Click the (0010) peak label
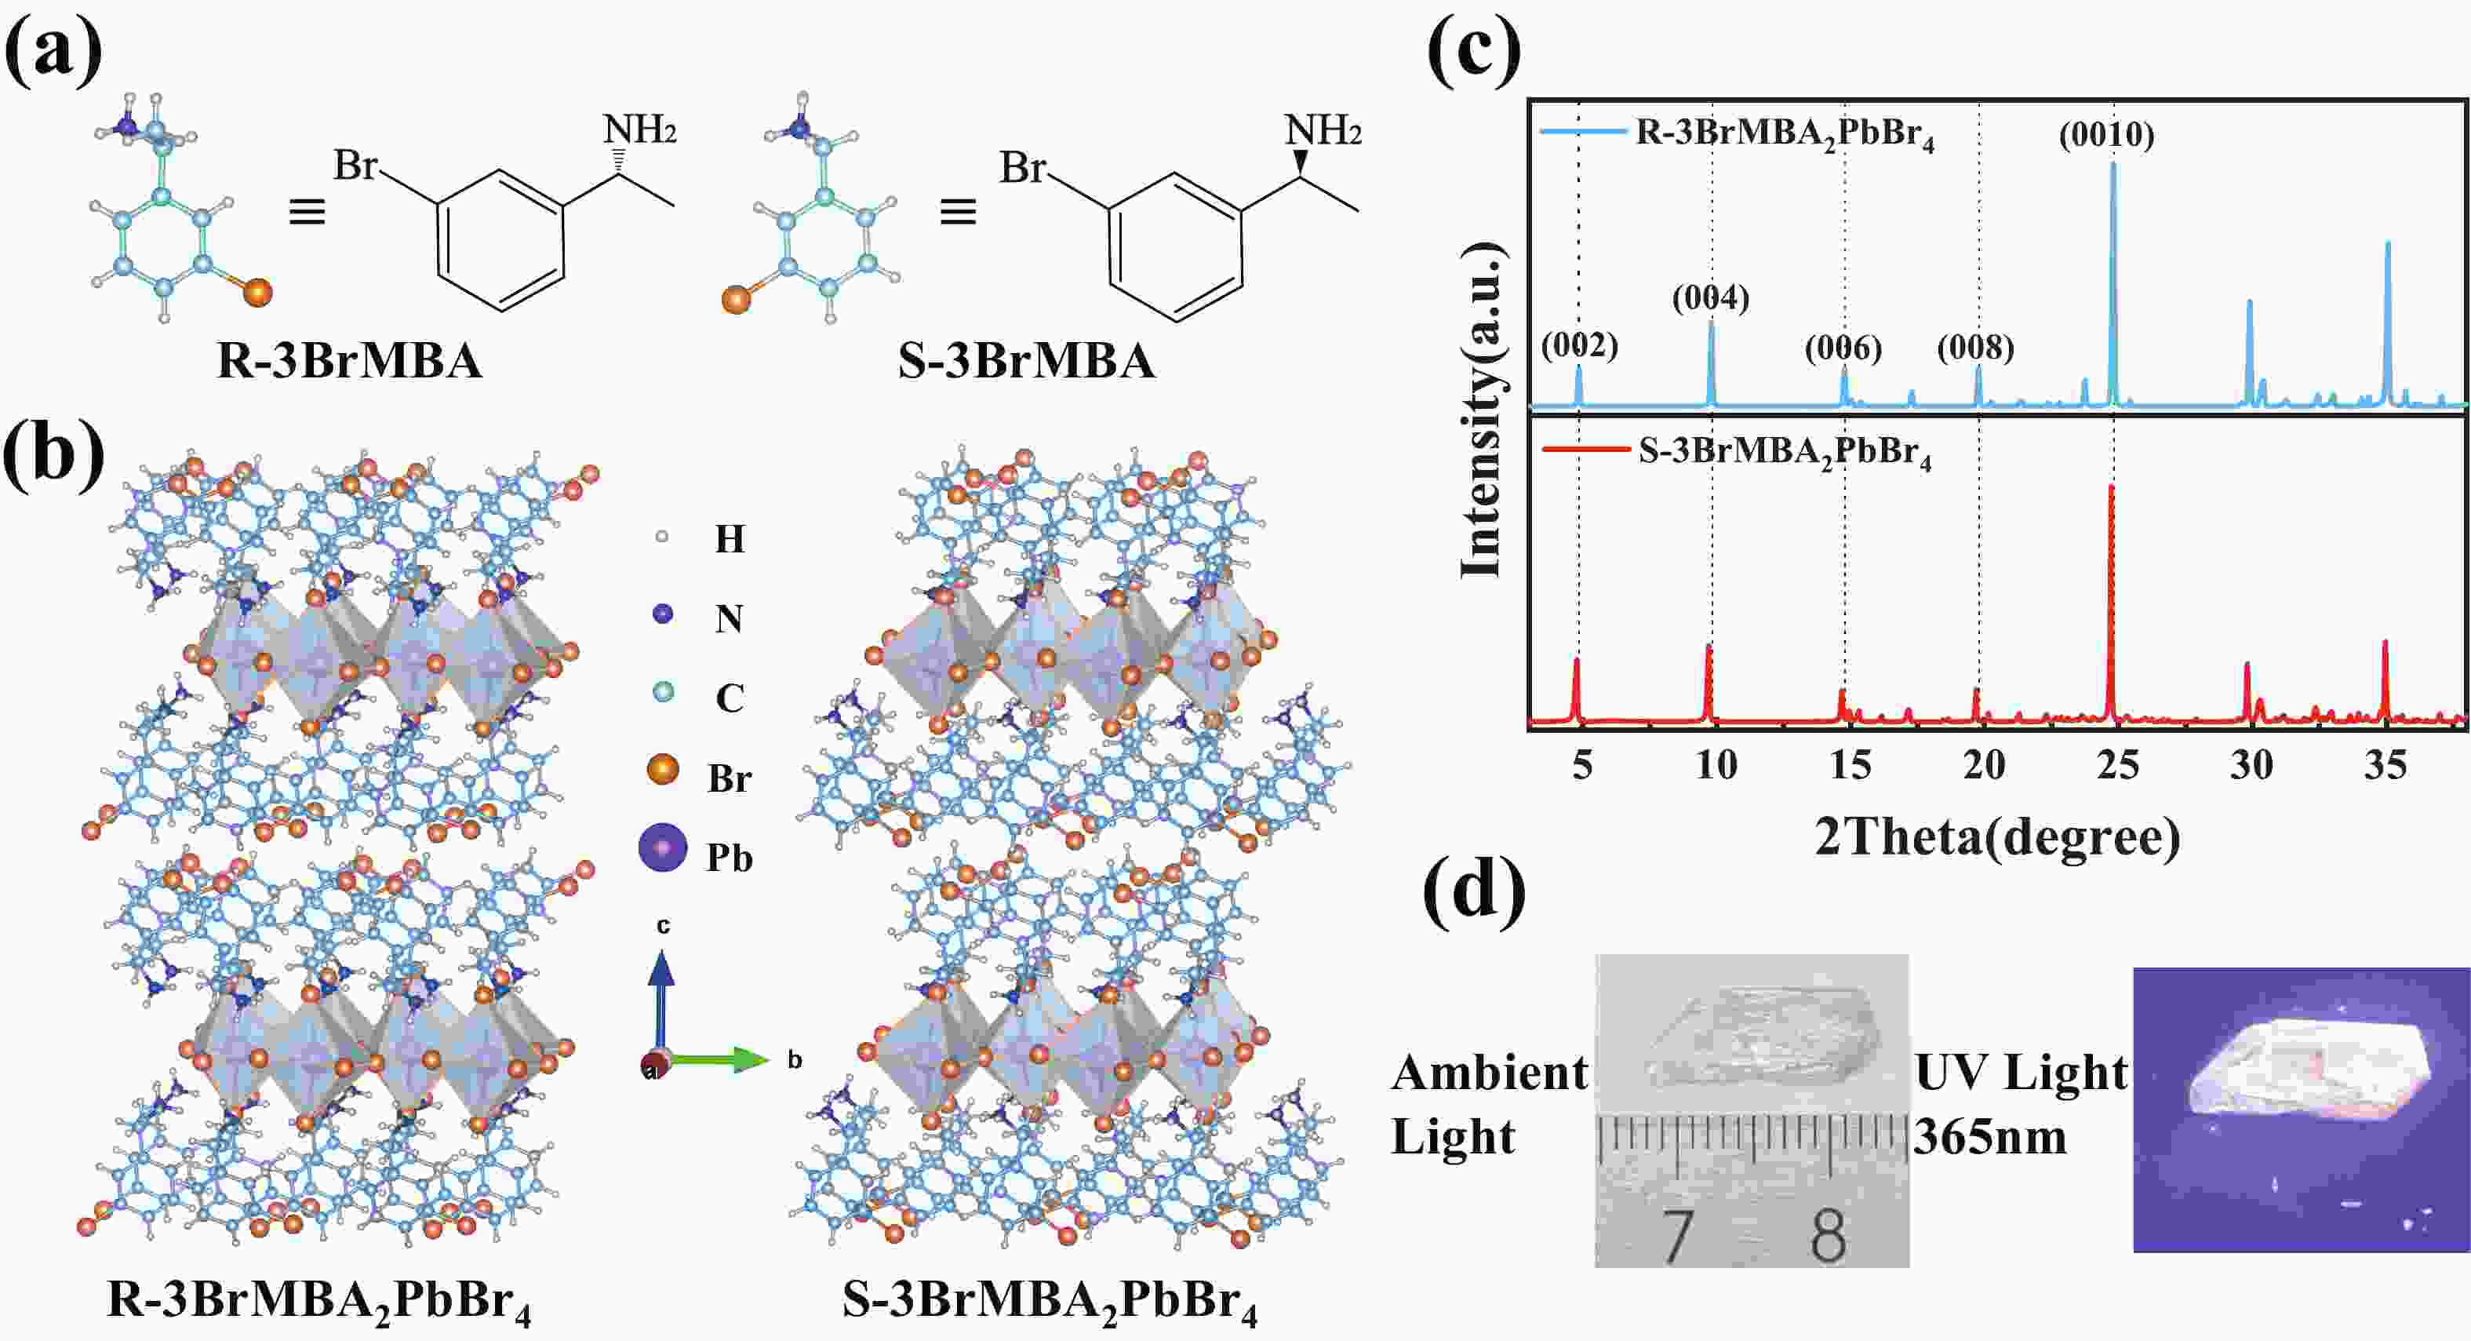coord(2106,135)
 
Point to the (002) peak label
coord(1579,345)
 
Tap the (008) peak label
coord(1975,348)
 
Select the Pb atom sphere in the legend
coord(663,847)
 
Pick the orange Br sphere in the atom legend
coord(663,769)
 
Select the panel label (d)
coord(1474,891)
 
